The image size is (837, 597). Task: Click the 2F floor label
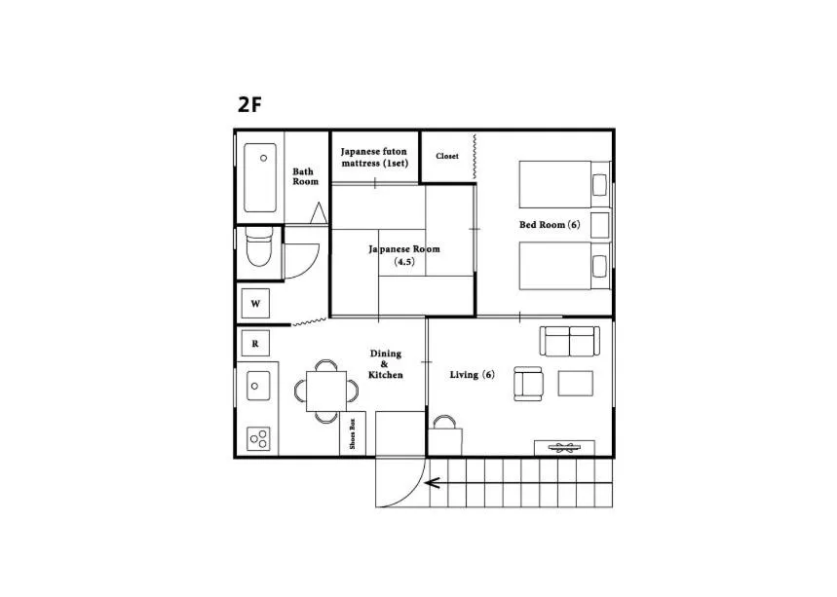(249, 105)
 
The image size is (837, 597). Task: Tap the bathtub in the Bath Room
(260, 178)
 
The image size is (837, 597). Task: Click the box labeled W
(255, 304)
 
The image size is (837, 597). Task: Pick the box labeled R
(255, 343)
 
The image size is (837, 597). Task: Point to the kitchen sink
(258, 386)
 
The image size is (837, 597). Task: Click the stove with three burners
(258, 438)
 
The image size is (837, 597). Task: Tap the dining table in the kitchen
(325, 391)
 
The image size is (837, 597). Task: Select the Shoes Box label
(352, 435)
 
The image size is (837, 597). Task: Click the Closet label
(447, 156)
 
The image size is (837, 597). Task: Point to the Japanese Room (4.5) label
(404, 255)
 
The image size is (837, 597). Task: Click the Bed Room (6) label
(550, 225)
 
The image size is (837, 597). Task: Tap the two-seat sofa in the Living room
(569, 342)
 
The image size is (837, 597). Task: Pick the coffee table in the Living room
(575, 383)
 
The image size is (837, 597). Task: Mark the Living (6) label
(472, 375)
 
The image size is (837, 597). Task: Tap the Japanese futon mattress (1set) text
(374, 158)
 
